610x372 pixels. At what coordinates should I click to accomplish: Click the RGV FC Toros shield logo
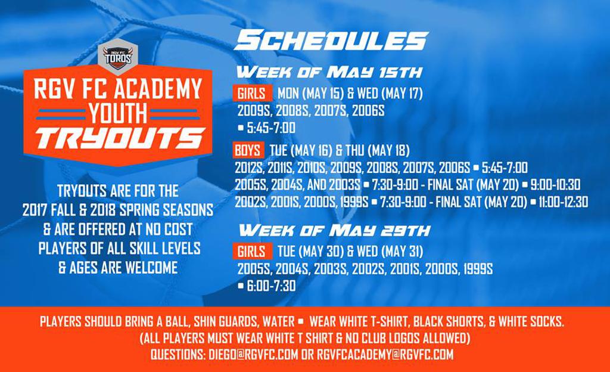coord(118,57)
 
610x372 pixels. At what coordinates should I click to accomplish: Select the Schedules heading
coord(331,41)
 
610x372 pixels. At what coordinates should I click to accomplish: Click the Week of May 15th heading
coord(329,72)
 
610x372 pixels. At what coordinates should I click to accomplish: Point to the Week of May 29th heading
coord(335,230)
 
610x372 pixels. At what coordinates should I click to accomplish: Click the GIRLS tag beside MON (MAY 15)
coord(252,94)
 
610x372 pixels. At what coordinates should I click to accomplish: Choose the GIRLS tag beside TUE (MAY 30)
coord(252,252)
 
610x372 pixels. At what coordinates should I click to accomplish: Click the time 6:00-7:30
coord(271,286)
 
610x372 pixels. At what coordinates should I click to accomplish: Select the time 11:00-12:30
coord(563,202)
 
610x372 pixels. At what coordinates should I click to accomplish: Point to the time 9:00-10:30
coord(556,184)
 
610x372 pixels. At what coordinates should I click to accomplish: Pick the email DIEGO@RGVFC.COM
coord(253,355)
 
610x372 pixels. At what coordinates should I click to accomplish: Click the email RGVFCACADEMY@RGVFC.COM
coord(385,355)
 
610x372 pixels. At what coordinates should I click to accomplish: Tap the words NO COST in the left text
coord(170,229)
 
